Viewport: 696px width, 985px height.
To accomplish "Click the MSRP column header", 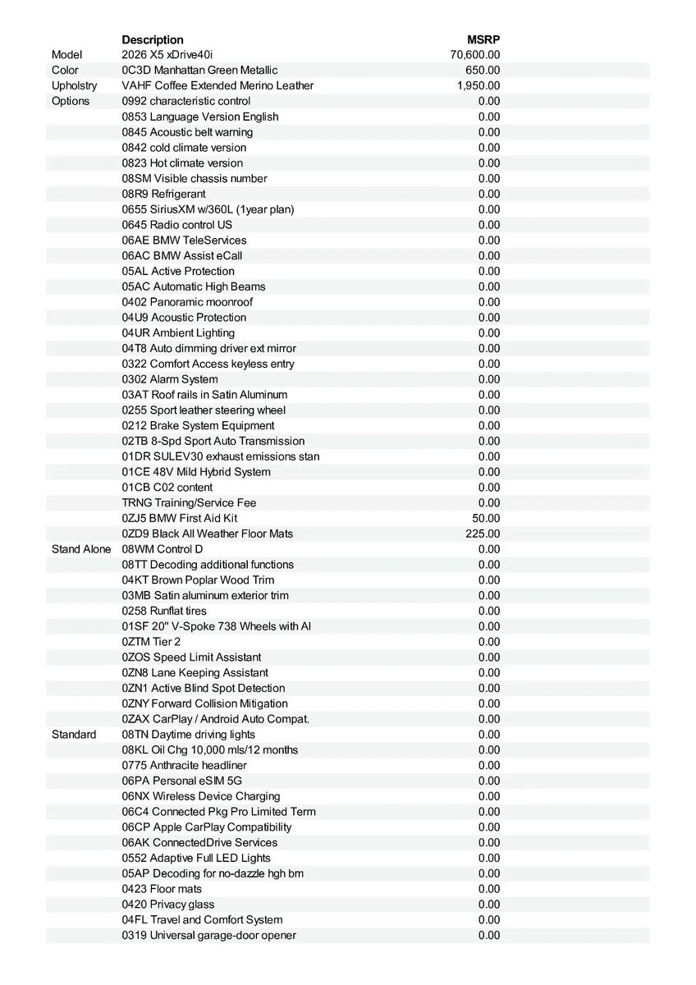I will click(483, 39).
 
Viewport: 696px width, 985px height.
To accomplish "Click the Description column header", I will click(153, 39).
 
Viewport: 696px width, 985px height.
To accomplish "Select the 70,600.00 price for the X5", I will click(475, 55).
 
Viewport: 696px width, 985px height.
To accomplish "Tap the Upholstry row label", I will click(74, 85).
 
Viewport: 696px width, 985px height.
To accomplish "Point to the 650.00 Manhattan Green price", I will click(483, 71).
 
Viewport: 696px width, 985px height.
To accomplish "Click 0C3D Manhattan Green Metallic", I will click(199, 71).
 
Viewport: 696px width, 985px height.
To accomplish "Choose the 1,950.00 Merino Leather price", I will click(478, 85).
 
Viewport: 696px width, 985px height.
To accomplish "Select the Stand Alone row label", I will click(81, 549).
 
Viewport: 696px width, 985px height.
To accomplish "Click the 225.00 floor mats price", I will click(483, 534).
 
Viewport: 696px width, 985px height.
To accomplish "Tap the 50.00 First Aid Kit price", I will click(486, 518).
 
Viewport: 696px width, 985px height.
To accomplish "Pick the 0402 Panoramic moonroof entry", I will click(187, 302).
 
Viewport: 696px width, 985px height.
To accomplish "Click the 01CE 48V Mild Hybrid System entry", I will click(196, 472).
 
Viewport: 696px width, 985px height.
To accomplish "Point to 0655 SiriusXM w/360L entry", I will click(208, 209).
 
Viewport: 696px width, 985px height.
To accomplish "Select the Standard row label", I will click(74, 735).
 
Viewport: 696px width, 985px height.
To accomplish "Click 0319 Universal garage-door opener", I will click(209, 935).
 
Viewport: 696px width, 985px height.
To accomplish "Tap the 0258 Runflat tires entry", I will click(164, 611).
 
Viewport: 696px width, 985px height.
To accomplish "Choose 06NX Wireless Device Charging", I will click(201, 796).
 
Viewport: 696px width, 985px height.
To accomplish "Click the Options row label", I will click(71, 101).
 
